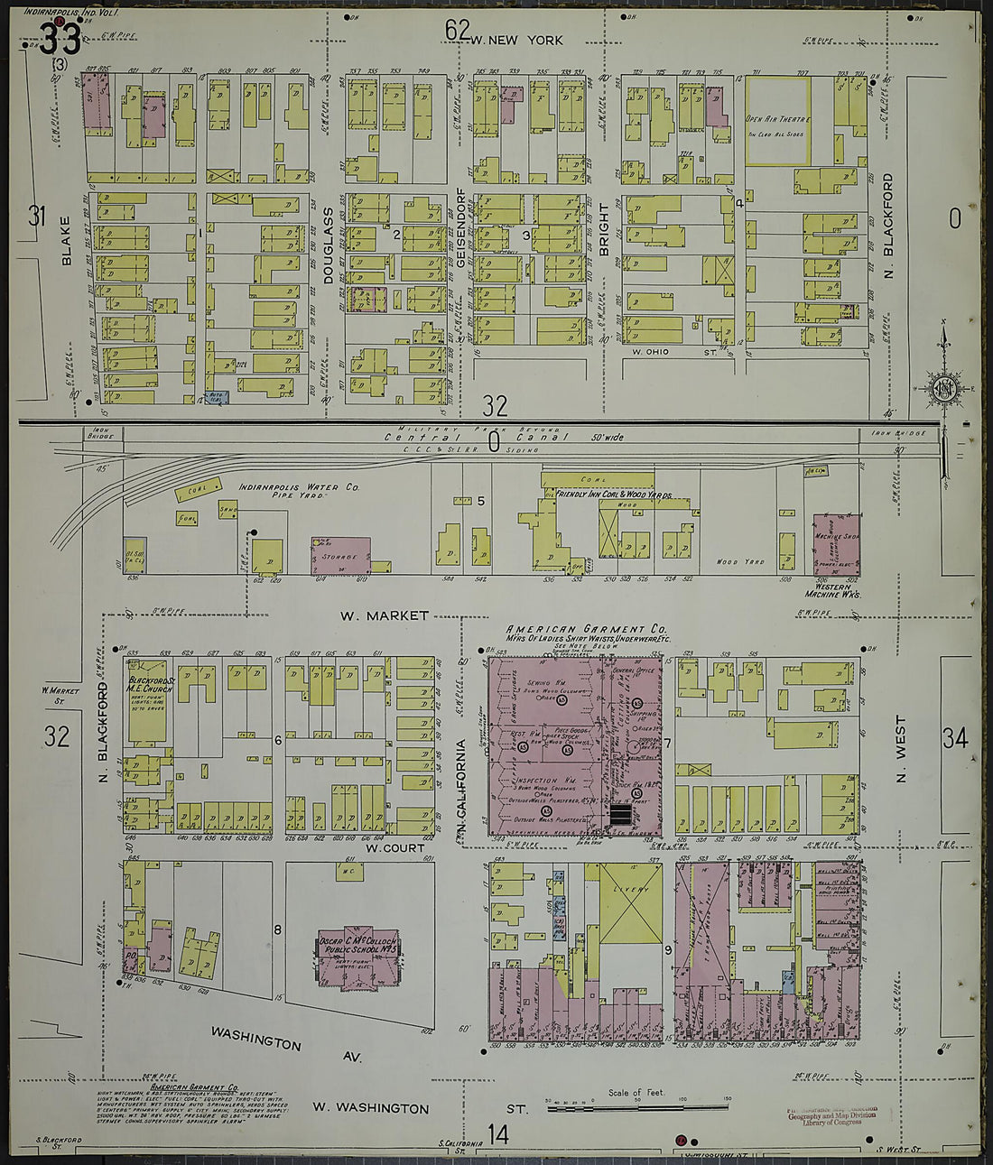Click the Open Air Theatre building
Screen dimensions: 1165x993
(x=776, y=121)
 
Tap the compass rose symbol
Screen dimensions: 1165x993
(x=943, y=388)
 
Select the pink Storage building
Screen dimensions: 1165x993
(x=341, y=556)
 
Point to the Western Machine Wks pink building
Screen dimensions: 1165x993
(x=835, y=545)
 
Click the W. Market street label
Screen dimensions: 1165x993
(x=384, y=615)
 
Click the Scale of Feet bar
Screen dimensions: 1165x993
(x=637, y=1105)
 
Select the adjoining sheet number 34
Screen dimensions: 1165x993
(x=955, y=738)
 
